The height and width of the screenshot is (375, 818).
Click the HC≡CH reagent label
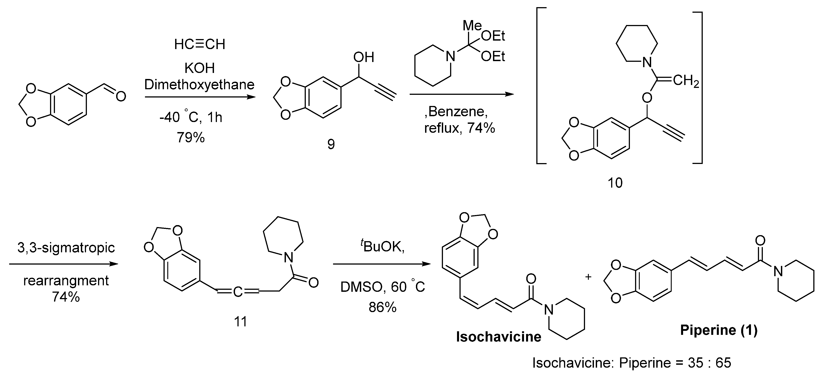(199, 44)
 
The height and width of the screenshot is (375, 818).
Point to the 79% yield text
(191, 138)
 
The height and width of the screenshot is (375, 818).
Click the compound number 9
(331, 144)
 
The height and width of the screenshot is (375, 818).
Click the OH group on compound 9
(364, 57)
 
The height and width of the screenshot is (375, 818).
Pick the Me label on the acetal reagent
(472, 26)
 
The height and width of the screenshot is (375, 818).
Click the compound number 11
(240, 322)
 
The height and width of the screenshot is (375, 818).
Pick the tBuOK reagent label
(382, 247)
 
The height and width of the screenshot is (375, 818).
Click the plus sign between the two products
(588, 277)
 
